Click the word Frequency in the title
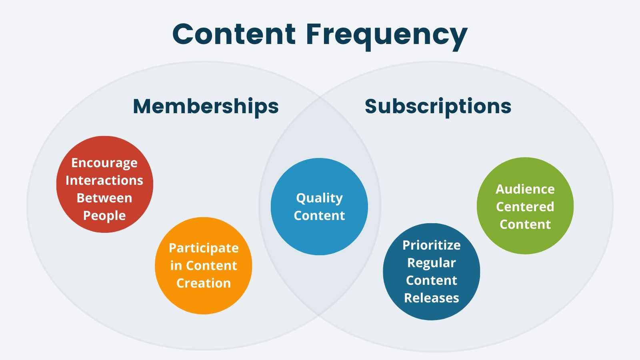click(x=386, y=34)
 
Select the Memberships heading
click(x=206, y=106)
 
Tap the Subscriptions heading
click(x=438, y=106)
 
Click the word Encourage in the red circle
click(x=104, y=163)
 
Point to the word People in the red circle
click(x=104, y=216)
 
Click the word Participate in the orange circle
click(x=204, y=248)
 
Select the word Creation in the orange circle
click(x=204, y=283)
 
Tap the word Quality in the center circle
click(x=319, y=198)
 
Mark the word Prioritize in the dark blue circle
click(x=431, y=245)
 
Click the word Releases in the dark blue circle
click(x=431, y=298)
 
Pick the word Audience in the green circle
click(x=525, y=189)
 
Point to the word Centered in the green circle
click(x=525, y=207)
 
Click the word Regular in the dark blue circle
click(x=431, y=263)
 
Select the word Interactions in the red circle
click(x=104, y=181)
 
